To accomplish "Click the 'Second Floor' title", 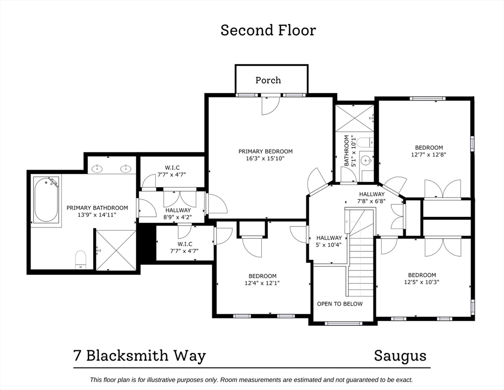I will pyautogui.click(x=268, y=30).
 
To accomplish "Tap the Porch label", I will pyautogui.click(x=268, y=80).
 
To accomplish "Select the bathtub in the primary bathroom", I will pyautogui.click(x=46, y=200).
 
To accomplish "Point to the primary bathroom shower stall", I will pyautogui.click(x=116, y=250).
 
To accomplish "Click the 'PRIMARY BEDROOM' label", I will pyautogui.click(x=265, y=151).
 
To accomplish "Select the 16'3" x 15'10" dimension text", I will pyautogui.click(x=265, y=158).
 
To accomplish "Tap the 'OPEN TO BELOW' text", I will pyautogui.click(x=340, y=304).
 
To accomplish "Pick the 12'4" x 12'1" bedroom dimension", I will pyautogui.click(x=262, y=283).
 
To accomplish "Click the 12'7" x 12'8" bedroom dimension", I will pyautogui.click(x=429, y=155).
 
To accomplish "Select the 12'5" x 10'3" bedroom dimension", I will pyautogui.click(x=422, y=282).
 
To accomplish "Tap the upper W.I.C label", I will pyautogui.click(x=172, y=168).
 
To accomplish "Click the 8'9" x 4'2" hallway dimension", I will pyautogui.click(x=177, y=217).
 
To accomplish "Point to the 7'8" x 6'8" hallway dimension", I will pyautogui.click(x=372, y=201).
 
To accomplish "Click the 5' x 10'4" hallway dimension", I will pyautogui.click(x=329, y=245).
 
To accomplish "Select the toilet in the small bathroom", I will pyautogui.click(x=364, y=142).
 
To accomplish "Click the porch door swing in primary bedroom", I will pyautogui.click(x=270, y=106).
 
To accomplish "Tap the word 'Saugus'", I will pyautogui.click(x=400, y=355).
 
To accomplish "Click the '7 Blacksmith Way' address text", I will pyautogui.click(x=140, y=355).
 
